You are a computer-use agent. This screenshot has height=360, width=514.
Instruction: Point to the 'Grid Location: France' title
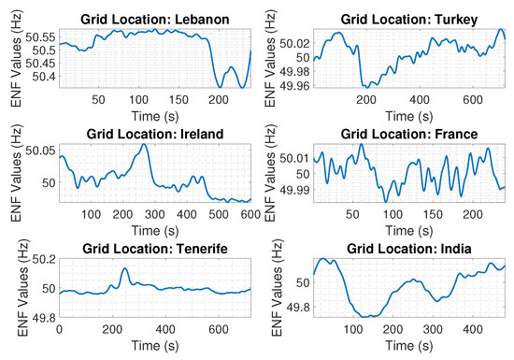coord(408,133)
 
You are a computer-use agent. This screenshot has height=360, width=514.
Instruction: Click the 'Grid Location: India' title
coord(408,248)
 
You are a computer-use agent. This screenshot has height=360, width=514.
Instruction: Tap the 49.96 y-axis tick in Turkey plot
coord(294,86)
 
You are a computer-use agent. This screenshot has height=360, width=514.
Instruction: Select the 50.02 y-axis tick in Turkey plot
coord(294,44)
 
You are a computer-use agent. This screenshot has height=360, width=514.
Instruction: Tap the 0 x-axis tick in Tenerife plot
coord(59,329)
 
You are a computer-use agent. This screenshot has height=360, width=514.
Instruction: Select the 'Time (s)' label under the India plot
coord(408,345)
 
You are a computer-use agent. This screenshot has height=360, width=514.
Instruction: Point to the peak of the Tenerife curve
coord(125,269)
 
